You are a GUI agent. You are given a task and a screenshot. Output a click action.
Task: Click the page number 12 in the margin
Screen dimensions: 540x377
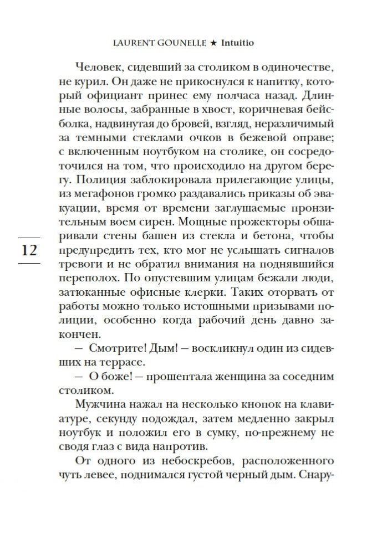(x=29, y=250)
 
